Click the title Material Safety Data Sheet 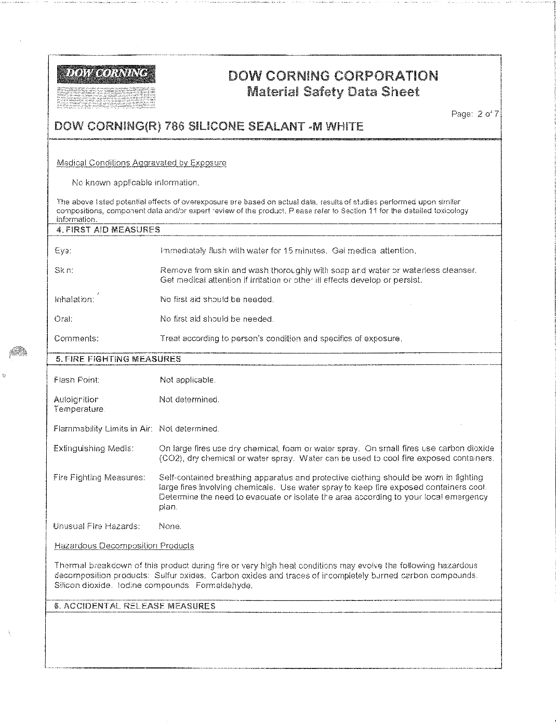pos(333,93)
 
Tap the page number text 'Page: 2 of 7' pos(475,114)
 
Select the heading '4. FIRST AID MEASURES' pos(108,229)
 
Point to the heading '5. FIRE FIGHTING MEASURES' pos(118,359)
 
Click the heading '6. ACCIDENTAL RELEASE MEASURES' pos(135,606)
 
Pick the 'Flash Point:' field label pos(76,380)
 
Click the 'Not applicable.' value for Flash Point pos(188,380)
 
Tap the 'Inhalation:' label pos(74,299)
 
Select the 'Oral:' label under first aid pos(63,319)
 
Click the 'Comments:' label pos(76,338)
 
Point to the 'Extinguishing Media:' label pos(94,448)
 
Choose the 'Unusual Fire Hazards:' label pos(97,526)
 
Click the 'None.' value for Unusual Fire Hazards pos(170,526)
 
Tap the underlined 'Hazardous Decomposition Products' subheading pos(124,546)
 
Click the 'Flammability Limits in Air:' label pos(103,429)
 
